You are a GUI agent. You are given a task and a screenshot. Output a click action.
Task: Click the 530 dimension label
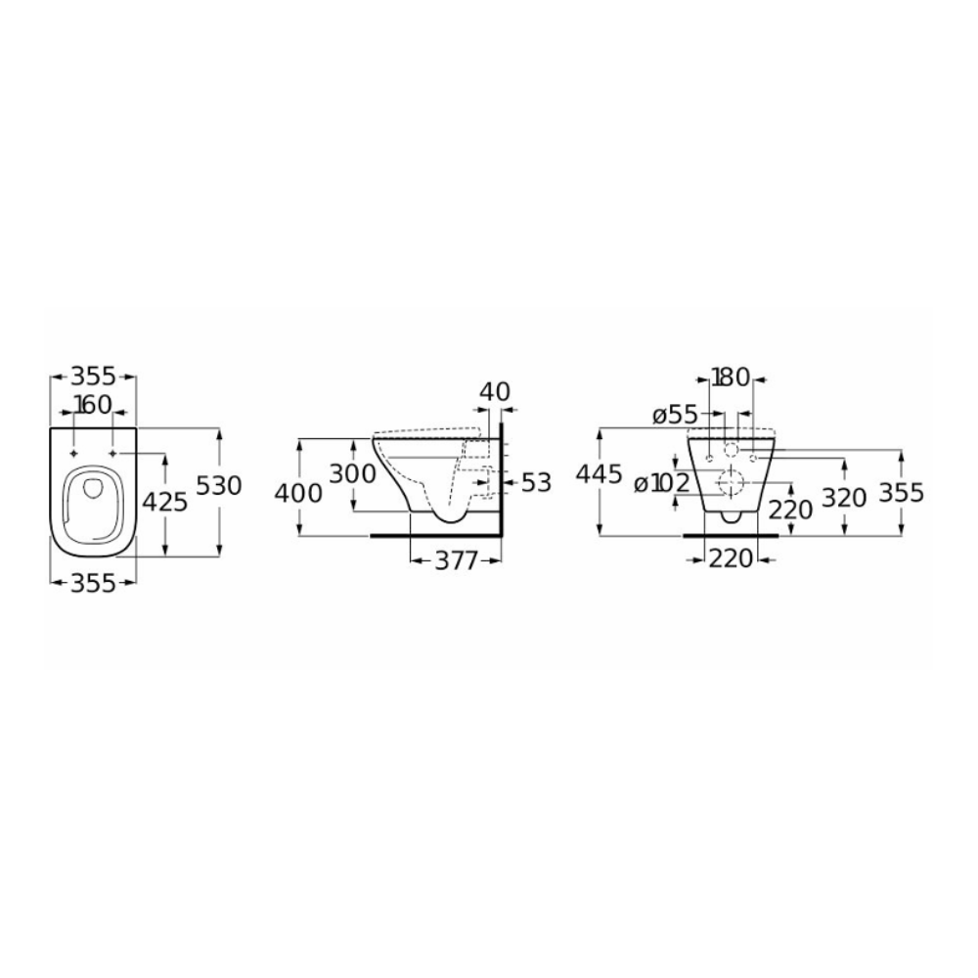click(218, 485)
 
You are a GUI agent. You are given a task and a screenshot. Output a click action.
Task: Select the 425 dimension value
click(164, 502)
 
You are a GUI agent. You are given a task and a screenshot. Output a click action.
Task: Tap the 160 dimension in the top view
click(93, 405)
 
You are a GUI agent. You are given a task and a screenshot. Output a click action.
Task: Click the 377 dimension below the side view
click(456, 560)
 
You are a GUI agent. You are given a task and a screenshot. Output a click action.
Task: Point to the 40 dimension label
click(495, 392)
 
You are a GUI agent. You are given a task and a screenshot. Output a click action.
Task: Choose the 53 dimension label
click(536, 482)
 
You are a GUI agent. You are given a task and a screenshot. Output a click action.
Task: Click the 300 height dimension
click(352, 474)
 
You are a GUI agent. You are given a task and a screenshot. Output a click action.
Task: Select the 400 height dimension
click(298, 493)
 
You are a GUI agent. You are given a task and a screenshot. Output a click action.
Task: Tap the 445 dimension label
click(599, 474)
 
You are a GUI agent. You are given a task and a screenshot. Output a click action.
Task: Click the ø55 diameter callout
click(675, 416)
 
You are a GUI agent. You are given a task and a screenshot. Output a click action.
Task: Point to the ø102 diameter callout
click(662, 483)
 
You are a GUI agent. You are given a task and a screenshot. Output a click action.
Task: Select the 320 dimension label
click(845, 498)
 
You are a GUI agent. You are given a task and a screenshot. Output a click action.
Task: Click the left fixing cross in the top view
click(73, 453)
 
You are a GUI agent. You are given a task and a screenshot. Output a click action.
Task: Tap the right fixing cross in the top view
click(112, 453)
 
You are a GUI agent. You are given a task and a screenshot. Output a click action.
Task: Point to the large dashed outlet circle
click(731, 482)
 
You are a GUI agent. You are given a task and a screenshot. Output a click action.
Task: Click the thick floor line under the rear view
click(731, 535)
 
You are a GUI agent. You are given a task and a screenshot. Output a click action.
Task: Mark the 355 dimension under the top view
click(92, 583)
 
